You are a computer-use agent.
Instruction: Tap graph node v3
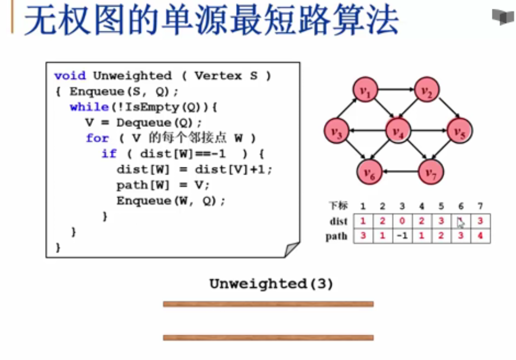[x=336, y=132]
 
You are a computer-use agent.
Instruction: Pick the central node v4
[x=397, y=131]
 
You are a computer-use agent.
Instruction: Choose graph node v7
[x=430, y=172]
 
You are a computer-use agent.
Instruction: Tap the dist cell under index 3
[x=402, y=221]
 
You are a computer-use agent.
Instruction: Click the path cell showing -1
[x=402, y=236]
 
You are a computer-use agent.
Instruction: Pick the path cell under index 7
[x=480, y=236]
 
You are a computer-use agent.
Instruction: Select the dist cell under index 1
[x=363, y=221]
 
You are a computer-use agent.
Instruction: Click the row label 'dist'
[x=338, y=222]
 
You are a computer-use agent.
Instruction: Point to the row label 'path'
[x=337, y=237]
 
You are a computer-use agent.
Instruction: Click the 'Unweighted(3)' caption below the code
[x=271, y=283]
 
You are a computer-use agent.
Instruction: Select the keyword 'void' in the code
[x=70, y=76]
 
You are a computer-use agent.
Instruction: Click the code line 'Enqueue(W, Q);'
[x=171, y=200]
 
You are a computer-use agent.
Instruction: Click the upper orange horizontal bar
[x=268, y=304]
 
